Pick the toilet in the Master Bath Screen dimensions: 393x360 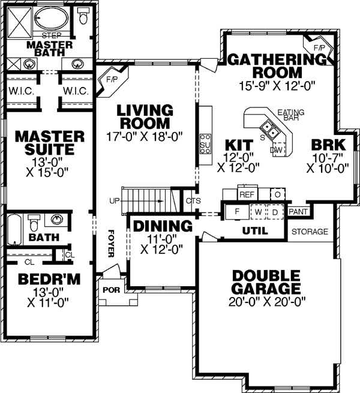pos(82,17)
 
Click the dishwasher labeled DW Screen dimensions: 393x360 pos(277,149)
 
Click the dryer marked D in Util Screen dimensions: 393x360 pos(275,212)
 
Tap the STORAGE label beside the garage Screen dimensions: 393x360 pos(310,231)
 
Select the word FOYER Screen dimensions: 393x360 pos(110,242)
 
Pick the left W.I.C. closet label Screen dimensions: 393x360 pos(20,91)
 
